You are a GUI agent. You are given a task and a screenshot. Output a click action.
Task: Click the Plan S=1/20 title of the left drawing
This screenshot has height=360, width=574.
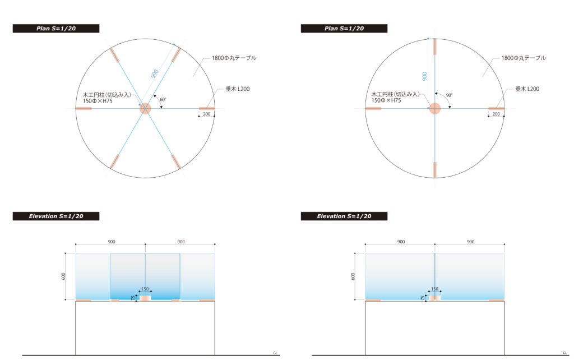click(x=55, y=29)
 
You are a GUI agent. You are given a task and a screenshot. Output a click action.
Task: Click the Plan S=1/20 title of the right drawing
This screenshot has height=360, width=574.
click(x=344, y=29)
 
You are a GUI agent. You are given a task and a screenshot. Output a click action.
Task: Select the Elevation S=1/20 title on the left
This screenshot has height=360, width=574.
click(x=55, y=216)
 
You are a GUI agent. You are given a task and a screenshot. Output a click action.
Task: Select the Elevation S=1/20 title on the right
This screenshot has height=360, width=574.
click(x=344, y=216)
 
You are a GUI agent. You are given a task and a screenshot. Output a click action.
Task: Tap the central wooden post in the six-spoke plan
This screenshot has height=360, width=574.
click(x=145, y=108)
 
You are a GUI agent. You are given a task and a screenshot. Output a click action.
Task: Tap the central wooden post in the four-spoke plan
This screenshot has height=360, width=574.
click(x=435, y=108)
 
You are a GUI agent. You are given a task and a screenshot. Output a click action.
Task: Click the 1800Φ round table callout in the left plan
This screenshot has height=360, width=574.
click(x=234, y=58)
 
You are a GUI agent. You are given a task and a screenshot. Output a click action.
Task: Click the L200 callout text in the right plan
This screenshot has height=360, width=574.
click(x=527, y=89)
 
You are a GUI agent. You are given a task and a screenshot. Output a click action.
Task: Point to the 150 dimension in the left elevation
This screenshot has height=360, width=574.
click(x=145, y=289)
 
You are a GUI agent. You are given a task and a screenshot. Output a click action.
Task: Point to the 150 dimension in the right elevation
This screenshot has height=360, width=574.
click(x=434, y=289)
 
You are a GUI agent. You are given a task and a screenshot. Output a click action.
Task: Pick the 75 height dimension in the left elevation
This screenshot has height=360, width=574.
click(x=133, y=298)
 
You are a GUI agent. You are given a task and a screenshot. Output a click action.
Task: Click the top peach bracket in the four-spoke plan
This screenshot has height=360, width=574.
click(x=435, y=47)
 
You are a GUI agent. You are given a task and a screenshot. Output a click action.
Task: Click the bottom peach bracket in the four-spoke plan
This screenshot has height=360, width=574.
click(x=435, y=169)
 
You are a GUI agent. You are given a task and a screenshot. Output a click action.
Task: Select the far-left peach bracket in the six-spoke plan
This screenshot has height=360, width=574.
click(x=84, y=108)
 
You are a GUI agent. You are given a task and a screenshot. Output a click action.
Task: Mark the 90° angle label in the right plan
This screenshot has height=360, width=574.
click(x=449, y=95)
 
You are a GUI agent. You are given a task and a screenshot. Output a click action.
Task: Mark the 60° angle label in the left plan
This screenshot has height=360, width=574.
click(x=163, y=100)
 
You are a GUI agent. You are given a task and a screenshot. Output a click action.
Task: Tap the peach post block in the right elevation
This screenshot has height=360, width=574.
click(x=434, y=298)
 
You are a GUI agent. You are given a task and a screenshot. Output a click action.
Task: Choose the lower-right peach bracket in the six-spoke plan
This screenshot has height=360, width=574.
click(x=176, y=161)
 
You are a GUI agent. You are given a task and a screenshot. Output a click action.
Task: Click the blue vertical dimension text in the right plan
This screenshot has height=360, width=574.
click(x=424, y=76)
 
